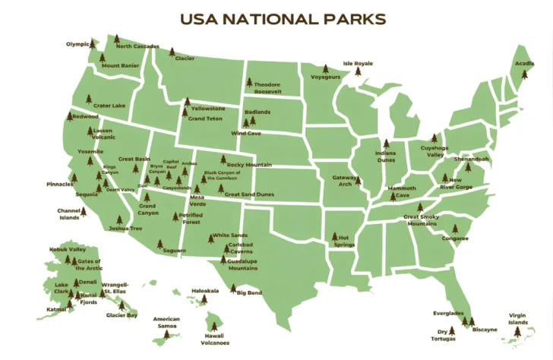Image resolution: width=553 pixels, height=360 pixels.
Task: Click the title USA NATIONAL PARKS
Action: point(282,19)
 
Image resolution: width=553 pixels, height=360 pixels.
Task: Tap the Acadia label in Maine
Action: point(525,65)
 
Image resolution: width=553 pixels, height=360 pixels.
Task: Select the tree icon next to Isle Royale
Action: point(358,72)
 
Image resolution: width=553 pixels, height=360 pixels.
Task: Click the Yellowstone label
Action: point(208,109)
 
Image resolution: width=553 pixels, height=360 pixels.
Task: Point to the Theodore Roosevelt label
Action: point(267,87)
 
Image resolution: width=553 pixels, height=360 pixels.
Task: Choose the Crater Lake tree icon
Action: point(89,99)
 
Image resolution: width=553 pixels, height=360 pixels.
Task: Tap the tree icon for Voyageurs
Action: point(326,69)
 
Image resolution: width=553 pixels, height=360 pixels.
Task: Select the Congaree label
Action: point(455,238)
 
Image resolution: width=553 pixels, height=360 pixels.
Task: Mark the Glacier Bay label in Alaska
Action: point(122,314)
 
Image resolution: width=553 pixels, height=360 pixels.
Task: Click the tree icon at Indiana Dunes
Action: point(385,144)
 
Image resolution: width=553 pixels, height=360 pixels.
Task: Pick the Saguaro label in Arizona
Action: point(174,250)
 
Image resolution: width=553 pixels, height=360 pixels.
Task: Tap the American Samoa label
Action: point(166,322)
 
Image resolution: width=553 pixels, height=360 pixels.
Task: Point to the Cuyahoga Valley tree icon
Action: point(434,139)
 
